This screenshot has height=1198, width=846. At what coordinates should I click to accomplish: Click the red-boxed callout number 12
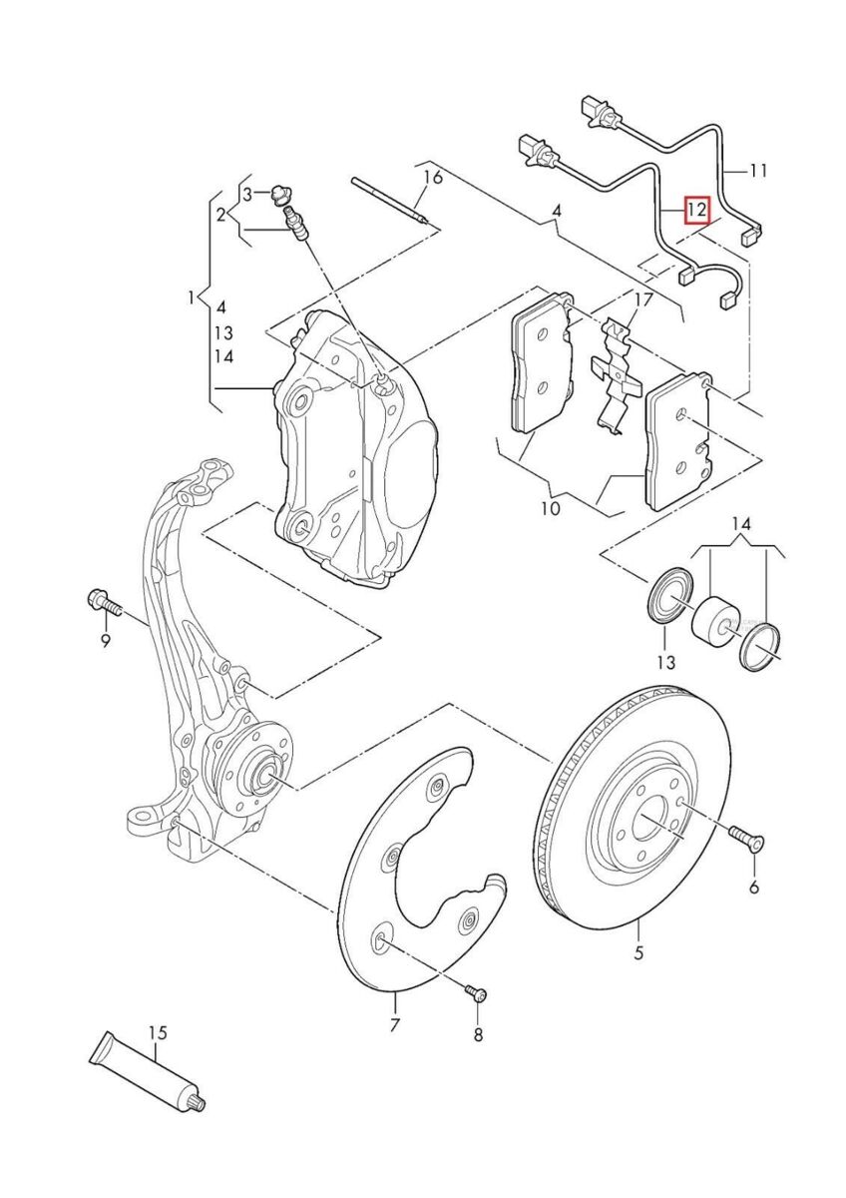tap(695, 211)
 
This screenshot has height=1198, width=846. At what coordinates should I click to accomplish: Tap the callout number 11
tap(758, 171)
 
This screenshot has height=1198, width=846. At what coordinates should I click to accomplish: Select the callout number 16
tap(431, 179)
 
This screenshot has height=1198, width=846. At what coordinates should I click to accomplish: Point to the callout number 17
tap(643, 299)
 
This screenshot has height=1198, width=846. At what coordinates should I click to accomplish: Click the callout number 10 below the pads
tap(550, 509)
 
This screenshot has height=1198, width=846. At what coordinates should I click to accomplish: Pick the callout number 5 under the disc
tap(638, 953)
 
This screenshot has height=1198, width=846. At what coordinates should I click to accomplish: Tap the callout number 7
tap(394, 1025)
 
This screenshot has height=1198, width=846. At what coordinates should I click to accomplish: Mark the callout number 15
tap(157, 1032)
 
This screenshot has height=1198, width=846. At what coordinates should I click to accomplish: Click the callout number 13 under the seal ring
tap(665, 662)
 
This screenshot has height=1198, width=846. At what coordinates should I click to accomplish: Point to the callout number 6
tap(753, 888)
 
